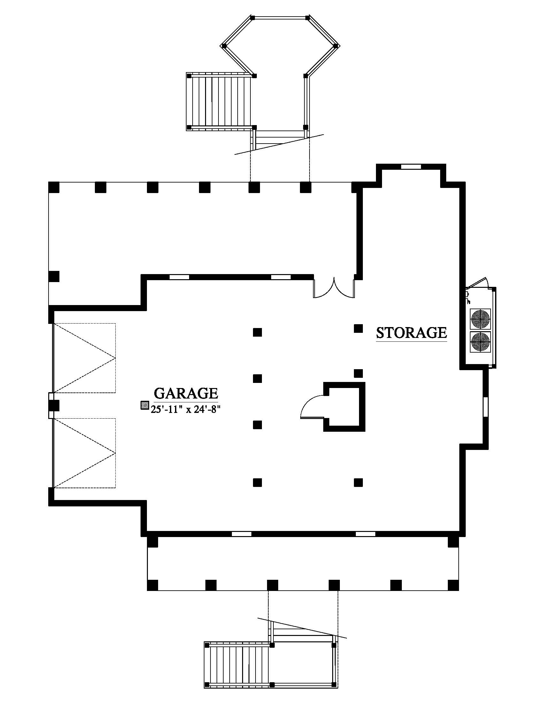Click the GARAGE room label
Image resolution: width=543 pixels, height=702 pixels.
(186, 393)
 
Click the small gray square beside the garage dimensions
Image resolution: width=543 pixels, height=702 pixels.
(144, 406)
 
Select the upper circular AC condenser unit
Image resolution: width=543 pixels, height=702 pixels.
(481, 318)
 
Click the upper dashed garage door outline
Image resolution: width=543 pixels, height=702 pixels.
(85, 358)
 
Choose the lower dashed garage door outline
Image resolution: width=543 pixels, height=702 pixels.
(85, 453)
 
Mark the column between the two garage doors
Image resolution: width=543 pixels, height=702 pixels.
(54, 406)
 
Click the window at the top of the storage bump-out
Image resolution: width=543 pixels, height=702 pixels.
(411, 167)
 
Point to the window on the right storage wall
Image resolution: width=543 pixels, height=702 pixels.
(486, 407)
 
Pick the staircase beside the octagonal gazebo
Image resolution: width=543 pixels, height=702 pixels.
(218, 101)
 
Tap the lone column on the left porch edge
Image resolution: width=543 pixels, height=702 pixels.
(54, 276)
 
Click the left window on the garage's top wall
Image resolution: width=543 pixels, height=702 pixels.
(179, 277)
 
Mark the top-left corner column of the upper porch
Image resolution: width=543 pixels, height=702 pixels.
(54, 187)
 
